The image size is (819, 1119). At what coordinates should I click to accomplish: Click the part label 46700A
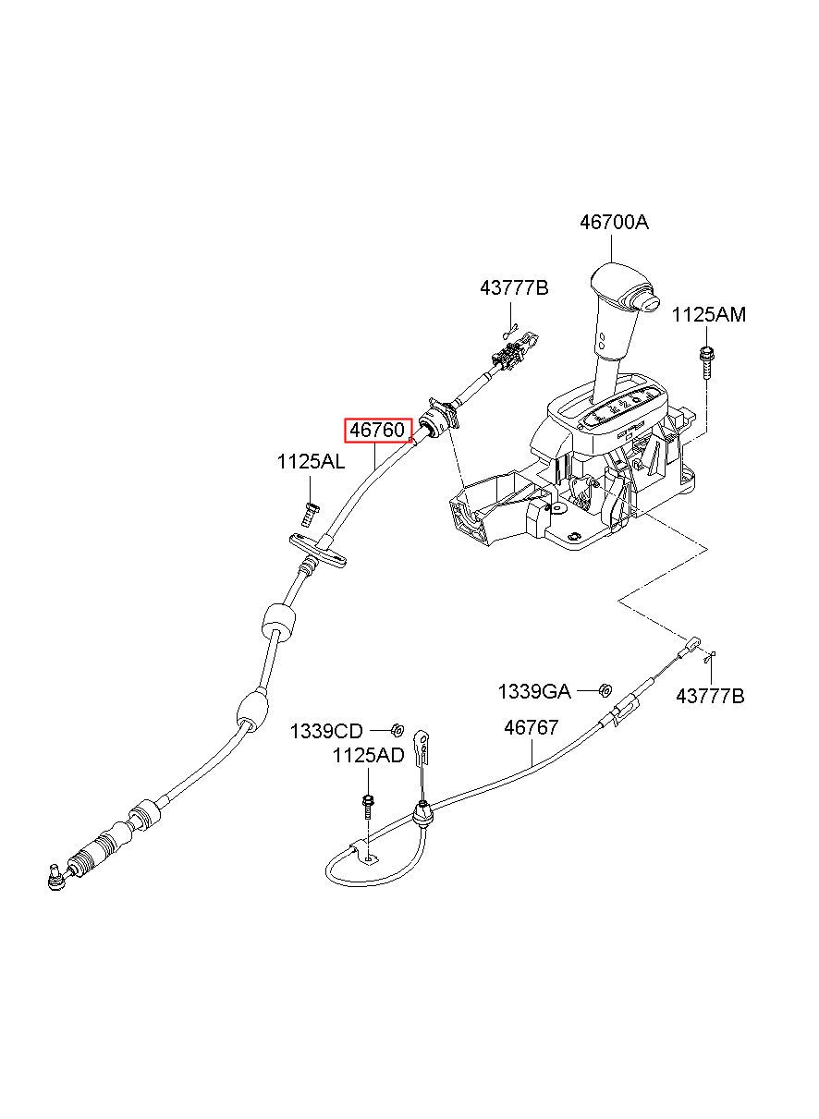pos(614,222)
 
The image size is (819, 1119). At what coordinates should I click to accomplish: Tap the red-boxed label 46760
pos(377,430)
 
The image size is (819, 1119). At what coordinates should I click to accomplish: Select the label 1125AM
pos(709,315)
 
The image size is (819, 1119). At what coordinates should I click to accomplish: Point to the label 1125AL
pos(311,462)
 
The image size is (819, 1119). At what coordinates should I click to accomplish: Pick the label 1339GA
pos(534,692)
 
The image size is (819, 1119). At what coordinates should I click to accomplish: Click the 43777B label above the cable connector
pos(514,288)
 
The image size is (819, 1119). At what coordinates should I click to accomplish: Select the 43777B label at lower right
pos(710,696)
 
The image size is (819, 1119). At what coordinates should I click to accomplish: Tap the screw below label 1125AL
pos(309,514)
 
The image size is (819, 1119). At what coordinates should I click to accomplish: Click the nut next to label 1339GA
pos(605,691)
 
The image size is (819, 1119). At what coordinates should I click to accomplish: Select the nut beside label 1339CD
pos(397,730)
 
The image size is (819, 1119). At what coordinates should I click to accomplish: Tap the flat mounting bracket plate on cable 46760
pos(318,548)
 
